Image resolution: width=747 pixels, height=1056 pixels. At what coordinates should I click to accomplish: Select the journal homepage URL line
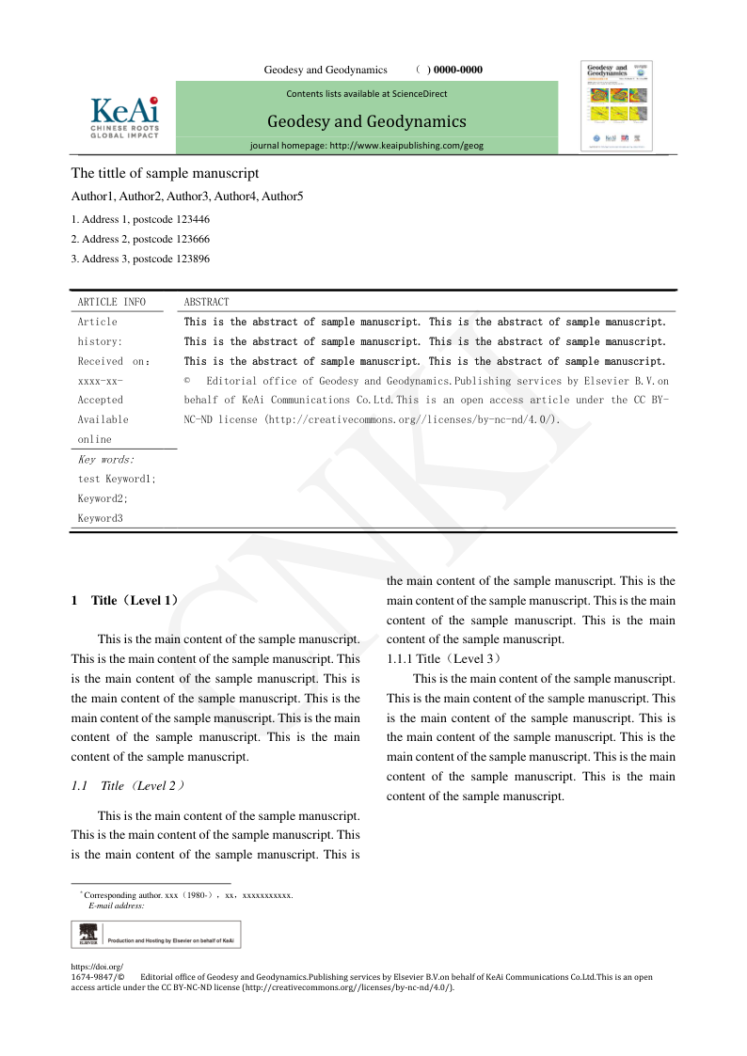pos(367,146)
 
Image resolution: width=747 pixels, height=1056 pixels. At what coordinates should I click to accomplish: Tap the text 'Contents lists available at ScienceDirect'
pos(367,93)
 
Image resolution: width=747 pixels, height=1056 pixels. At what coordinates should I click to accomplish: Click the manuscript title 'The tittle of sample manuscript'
pos(165,173)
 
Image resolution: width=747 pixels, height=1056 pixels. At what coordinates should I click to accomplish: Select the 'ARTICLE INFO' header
pos(111,302)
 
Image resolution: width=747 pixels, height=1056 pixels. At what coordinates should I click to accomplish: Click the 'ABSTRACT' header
pos(206,302)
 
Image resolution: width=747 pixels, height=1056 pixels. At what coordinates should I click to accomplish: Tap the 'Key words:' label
pos(105,460)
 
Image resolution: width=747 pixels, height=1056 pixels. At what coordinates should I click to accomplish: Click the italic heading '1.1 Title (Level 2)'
pos(129,786)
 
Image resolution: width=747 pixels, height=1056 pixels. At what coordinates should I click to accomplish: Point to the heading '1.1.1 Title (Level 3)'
pos(443,659)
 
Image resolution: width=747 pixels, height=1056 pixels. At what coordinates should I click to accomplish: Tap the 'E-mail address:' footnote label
pos(116,906)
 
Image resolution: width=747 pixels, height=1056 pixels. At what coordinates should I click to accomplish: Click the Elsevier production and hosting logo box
pos(155,934)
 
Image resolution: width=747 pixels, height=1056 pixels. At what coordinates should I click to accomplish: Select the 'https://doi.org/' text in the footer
pos(97,967)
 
